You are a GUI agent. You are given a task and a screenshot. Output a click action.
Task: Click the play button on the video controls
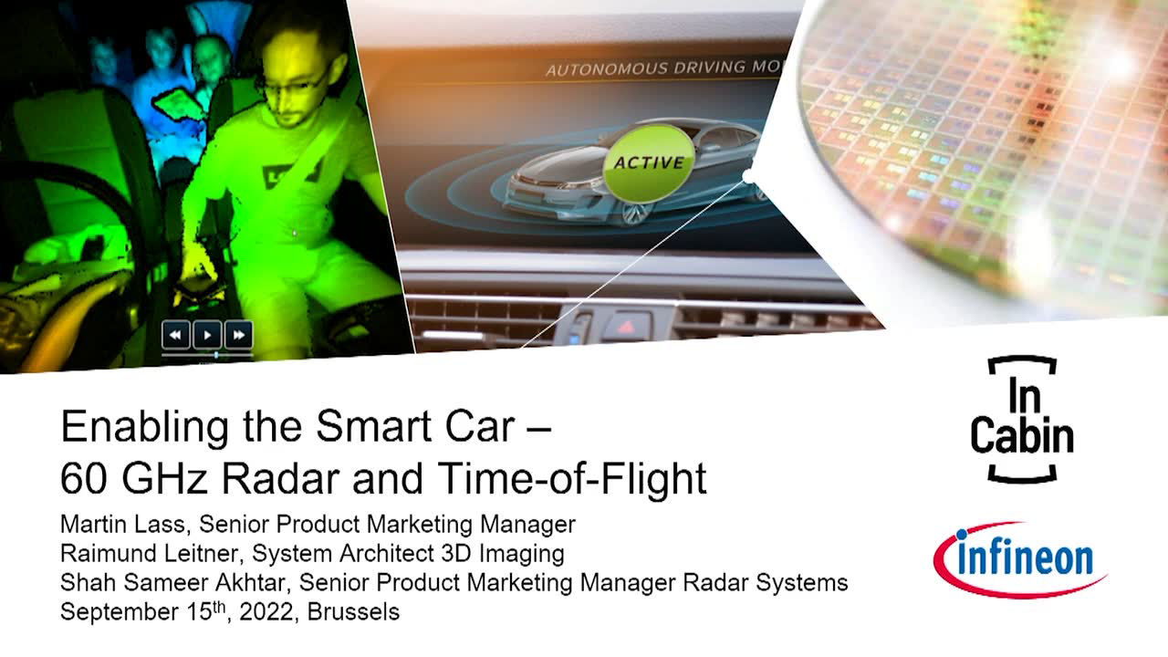(x=207, y=335)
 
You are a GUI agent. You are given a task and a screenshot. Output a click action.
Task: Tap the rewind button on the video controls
(x=176, y=335)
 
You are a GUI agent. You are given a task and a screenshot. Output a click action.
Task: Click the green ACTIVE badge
(x=649, y=163)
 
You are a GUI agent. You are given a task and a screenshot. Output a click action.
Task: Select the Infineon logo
(x=1020, y=559)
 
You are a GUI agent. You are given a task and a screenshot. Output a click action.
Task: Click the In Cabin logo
(x=1022, y=420)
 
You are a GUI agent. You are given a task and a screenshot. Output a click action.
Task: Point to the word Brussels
(x=353, y=611)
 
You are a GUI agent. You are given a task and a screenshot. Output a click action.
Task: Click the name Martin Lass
(x=122, y=524)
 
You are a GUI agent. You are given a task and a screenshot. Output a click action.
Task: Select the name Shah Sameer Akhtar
(x=172, y=582)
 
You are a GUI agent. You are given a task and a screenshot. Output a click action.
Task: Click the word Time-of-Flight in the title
(x=572, y=478)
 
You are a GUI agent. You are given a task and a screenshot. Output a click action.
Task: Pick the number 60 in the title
(x=82, y=478)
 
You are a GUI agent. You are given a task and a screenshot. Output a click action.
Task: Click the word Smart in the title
(x=373, y=426)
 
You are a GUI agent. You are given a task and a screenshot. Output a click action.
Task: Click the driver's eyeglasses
(x=295, y=83)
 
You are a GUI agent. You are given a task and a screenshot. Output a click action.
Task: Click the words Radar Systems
(x=766, y=582)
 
